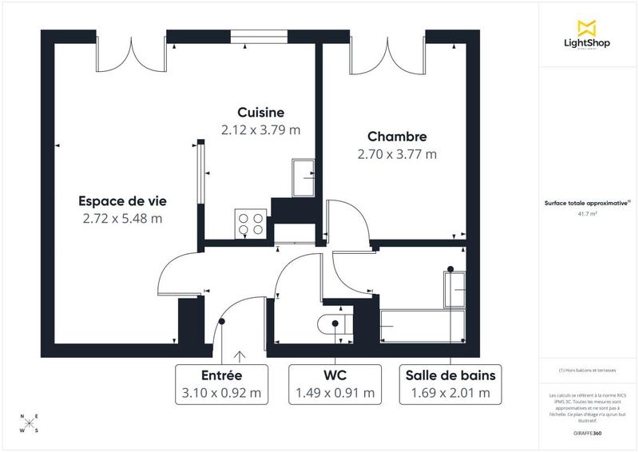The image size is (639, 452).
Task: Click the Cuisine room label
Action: click(x=260, y=112)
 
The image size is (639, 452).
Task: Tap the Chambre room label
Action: click(x=397, y=137)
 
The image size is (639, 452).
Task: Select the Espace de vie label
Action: click(x=122, y=200)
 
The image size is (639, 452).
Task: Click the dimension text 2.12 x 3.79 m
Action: click(x=260, y=129)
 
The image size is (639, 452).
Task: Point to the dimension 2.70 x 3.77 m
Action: click(x=397, y=154)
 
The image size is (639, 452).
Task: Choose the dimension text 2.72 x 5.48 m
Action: click(x=122, y=218)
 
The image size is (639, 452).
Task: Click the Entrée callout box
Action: click(x=222, y=383)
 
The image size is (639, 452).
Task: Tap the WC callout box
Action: click(x=335, y=383)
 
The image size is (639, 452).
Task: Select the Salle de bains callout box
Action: click(x=450, y=383)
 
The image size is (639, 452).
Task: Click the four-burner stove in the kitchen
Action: click(x=250, y=224)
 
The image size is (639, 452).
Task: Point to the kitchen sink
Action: click(x=304, y=177)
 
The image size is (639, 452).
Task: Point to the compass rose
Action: click(x=30, y=422)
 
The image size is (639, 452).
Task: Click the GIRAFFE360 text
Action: click(x=588, y=431)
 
